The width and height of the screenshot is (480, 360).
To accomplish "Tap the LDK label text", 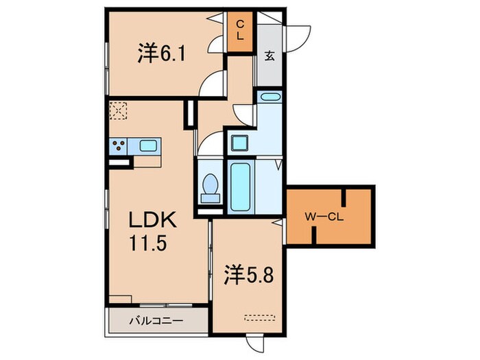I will (x=155, y=221).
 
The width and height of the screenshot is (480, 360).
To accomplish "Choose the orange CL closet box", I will (x=240, y=32).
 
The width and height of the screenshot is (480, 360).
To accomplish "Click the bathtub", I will (x=241, y=188).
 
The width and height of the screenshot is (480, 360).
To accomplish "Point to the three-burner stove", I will (x=119, y=145).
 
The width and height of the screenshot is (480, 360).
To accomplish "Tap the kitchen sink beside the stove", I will (x=149, y=145).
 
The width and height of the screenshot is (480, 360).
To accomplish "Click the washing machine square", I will (x=240, y=144).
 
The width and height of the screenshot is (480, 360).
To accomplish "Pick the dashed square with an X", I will (x=119, y=110).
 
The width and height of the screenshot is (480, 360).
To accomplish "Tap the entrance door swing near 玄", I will (x=295, y=35).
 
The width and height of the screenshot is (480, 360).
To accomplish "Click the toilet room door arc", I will (x=211, y=143).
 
